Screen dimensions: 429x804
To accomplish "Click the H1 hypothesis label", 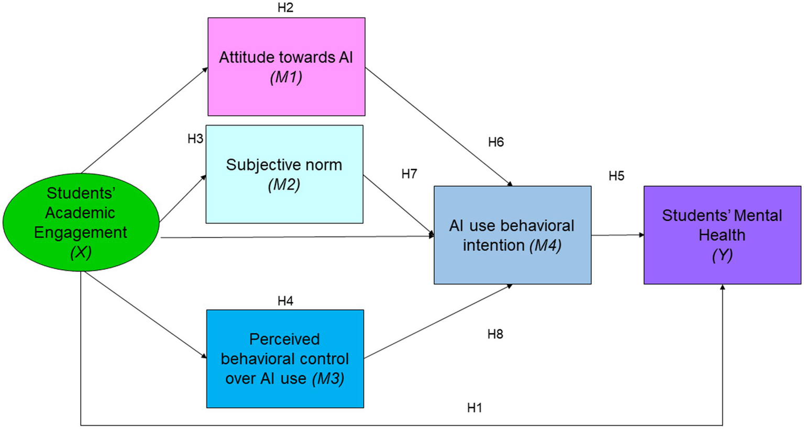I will point(475,408).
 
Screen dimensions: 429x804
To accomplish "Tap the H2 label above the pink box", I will point(285,8).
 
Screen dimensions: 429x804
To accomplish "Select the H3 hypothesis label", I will point(195,139).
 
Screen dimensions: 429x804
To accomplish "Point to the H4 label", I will point(285,301).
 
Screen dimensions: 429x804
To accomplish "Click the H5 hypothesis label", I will point(616,176).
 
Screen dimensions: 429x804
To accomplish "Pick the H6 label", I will point(495,142).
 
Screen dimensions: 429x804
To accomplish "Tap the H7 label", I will point(409,174).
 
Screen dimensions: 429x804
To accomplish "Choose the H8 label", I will point(495,334).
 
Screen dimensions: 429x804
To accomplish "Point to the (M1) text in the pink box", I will point(286,77).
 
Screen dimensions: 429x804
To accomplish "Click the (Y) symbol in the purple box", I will point(722,255).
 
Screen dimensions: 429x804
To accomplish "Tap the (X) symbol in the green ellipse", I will point(81,252).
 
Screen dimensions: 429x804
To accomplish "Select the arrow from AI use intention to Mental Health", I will point(618,235).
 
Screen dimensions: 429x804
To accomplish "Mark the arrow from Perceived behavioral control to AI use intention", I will point(438,322).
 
